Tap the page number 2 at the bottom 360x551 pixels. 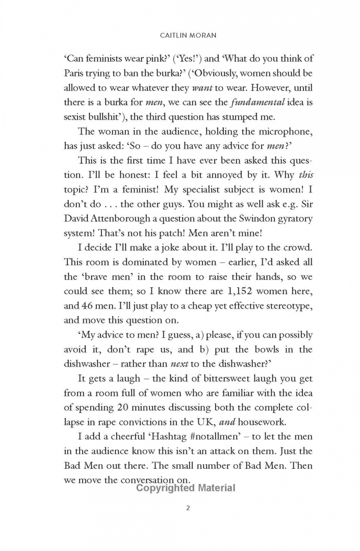click(188, 508)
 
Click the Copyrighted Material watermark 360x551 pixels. click(186, 488)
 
